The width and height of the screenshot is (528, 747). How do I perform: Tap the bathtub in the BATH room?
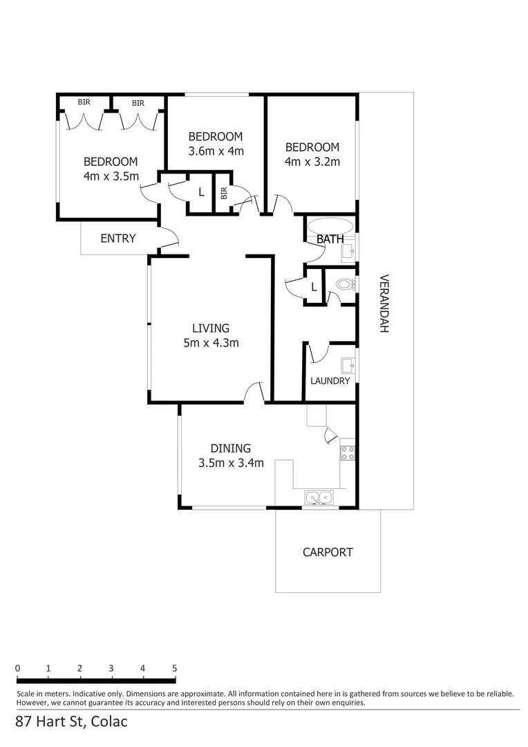(x=330, y=227)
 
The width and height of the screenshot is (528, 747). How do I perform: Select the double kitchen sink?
(x=319, y=497)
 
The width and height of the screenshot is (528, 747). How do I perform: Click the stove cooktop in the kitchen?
(x=347, y=453)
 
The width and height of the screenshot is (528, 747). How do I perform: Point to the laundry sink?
(x=348, y=365)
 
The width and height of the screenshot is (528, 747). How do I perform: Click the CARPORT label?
(x=328, y=552)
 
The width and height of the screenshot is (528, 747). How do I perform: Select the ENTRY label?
(x=118, y=239)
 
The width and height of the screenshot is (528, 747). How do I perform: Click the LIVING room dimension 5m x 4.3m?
(x=211, y=342)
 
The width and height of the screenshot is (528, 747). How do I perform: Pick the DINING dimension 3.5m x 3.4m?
(x=231, y=463)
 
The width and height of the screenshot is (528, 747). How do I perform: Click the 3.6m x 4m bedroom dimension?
(x=216, y=151)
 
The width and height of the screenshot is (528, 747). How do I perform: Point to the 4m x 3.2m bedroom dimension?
(x=312, y=162)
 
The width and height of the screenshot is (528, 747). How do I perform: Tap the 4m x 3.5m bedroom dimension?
(x=111, y=176)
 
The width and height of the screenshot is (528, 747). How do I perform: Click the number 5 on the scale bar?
(x=174, y=668)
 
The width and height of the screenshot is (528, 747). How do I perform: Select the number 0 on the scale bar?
(x=17, y=668)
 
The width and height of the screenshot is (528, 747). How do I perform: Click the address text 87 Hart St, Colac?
(x=72, y=721)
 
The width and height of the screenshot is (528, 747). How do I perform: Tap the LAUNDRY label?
(x=330, y=381)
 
